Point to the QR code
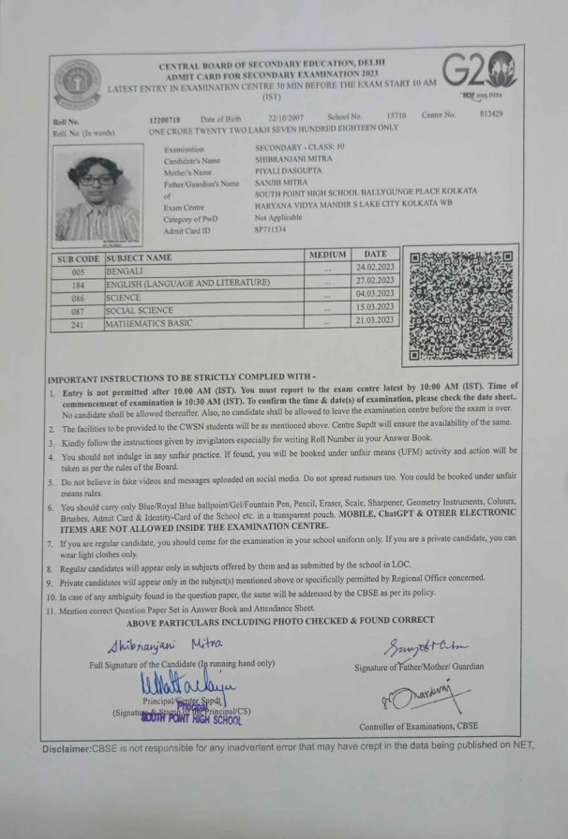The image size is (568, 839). click(461, 306)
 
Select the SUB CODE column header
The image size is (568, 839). click(78, 258)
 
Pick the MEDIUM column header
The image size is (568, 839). click(327, 255)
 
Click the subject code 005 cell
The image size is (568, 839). click(78, 271)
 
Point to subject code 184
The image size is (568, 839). click(78, 284)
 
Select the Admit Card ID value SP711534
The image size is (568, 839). click(271, 229)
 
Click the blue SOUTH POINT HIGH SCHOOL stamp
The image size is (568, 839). click(191, 719)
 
